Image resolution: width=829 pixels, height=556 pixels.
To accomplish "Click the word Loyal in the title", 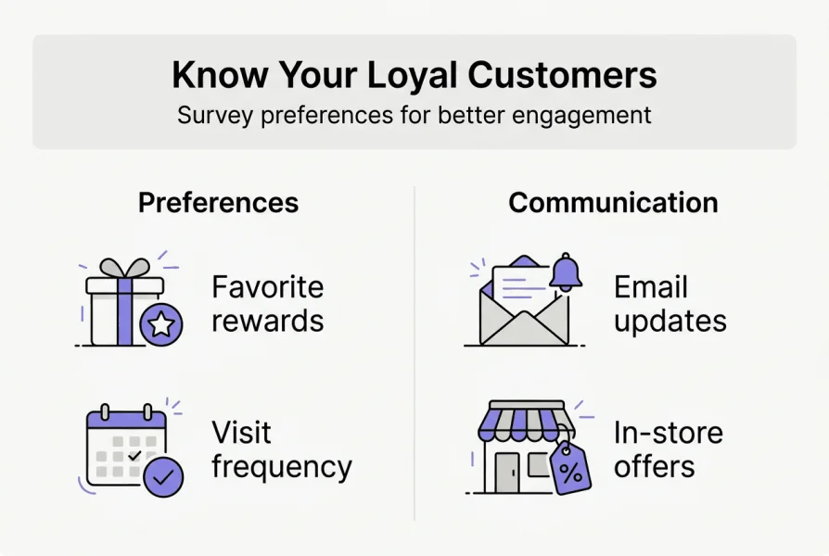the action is tap(412, 76).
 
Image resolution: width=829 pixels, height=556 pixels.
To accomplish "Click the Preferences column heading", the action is tap(218, 202).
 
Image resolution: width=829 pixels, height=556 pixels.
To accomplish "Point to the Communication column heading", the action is tap(613, 202).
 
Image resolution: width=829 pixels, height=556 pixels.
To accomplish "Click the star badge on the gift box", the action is tap(161, 324).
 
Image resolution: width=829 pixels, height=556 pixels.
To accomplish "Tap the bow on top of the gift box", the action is tap(125, 268).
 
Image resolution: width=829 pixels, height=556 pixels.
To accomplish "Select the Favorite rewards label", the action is tap(267, 304).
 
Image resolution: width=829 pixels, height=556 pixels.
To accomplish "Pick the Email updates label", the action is tap(670, 304).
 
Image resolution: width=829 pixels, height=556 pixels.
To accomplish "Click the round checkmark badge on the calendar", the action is tap(163, 477).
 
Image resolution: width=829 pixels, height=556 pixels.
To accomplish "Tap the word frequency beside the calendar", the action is tap(282, 468).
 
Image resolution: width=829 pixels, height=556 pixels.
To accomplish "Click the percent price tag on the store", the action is tap(570, 468).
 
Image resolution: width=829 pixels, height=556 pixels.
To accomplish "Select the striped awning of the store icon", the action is tap(527, 421).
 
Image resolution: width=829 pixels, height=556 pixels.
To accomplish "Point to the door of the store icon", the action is tap(507, 473).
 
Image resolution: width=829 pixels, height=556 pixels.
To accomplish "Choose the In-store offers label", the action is tap(669, 449).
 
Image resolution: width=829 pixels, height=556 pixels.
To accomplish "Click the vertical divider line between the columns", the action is tap(414, 353).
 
